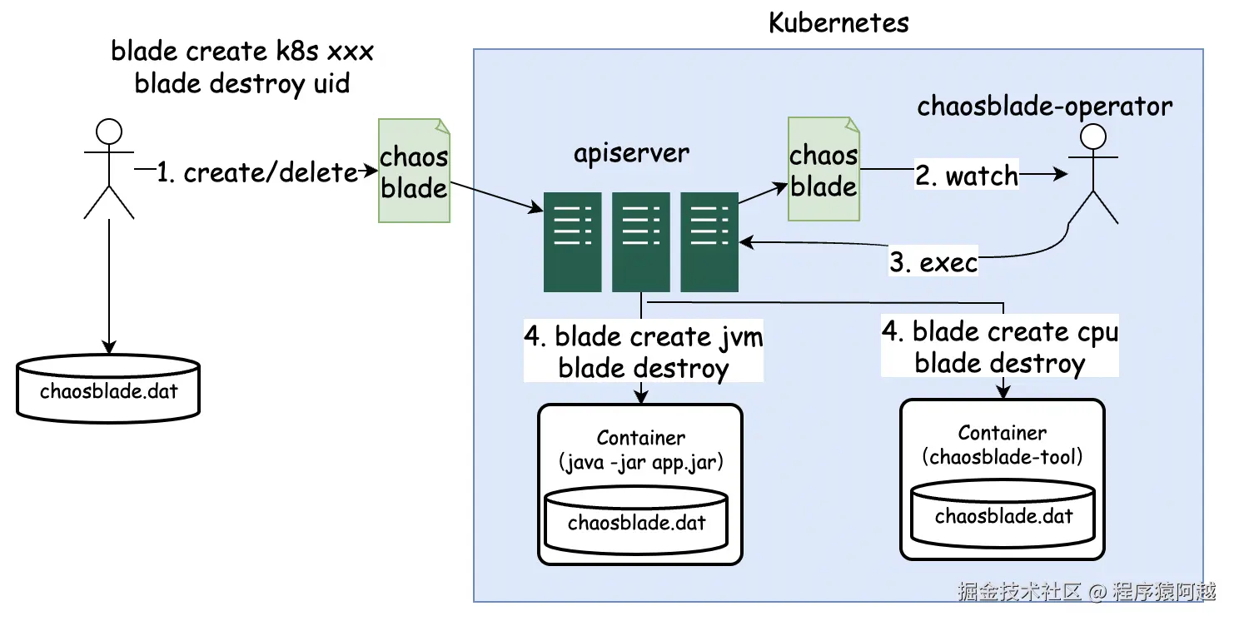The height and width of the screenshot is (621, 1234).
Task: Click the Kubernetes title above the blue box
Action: click(x=838, y=22)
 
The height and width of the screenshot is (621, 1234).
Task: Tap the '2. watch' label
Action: click(x=967, y=176)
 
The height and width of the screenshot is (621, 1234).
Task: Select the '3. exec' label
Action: click(x=933, y=263)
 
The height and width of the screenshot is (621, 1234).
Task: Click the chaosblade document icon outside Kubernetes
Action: click(x=414, y=171)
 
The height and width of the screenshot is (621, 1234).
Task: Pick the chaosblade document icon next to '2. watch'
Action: click(x=823, y=170)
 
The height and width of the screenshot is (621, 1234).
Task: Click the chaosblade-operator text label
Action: click(x=1044, y=107)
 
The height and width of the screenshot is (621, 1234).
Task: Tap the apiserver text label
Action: click(x=631, y=153)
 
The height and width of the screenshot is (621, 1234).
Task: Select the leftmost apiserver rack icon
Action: click(x=572, y=241)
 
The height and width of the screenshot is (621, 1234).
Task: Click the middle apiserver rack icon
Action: click(x=640, y=241)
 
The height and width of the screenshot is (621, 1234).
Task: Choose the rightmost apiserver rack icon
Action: click(x=709, y=241)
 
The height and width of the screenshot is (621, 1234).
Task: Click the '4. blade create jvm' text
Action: click(x=643, y=337)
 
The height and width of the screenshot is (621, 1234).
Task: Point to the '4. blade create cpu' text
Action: click(x=999, y=332)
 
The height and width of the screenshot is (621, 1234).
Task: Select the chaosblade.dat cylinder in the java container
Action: click(x=636, y=522)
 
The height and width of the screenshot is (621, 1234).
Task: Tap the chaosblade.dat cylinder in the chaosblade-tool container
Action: click(x=1003, y=515)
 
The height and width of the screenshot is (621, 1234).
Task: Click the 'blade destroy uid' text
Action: click(x=241, y=83)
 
